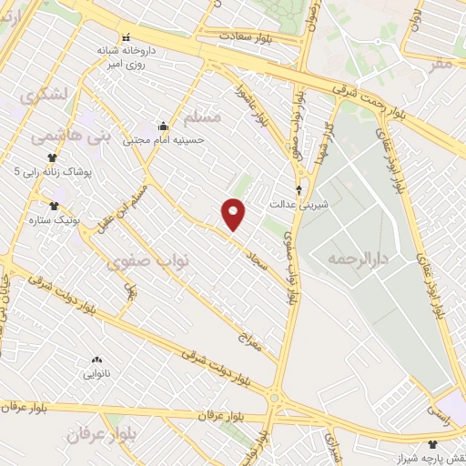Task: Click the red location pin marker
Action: (234, 213)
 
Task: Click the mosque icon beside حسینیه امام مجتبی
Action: (163, 126)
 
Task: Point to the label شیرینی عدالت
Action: (298, 205)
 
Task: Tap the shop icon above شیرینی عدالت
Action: (299, 190)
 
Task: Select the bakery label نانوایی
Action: (97, 374)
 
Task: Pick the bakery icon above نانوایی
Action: (97, 360)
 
